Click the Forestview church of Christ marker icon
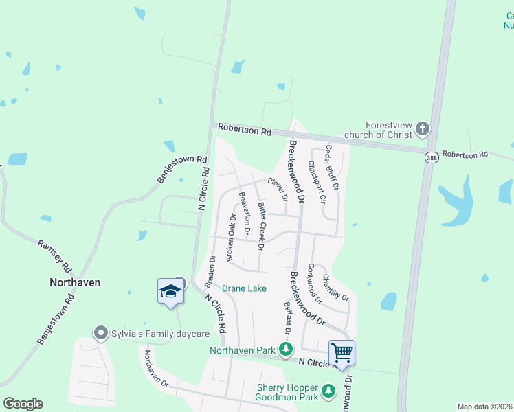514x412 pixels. click(x=423, y=128)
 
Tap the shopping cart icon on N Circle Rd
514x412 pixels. click(x=342, y=353)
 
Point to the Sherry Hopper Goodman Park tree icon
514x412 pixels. click(x=328, y=391)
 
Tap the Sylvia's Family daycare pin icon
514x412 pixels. click(x=101, y=334)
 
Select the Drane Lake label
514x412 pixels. click(x=244, y=288)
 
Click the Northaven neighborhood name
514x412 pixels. click(x=75, y=282)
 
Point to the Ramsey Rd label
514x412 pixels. click(x=54, y=255)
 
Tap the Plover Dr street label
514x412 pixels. click(x=278, y=190)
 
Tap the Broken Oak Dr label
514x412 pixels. click(x=232, y=238)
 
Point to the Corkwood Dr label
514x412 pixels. click(x=315, y=284)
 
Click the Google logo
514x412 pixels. click(x=23, y=404)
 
